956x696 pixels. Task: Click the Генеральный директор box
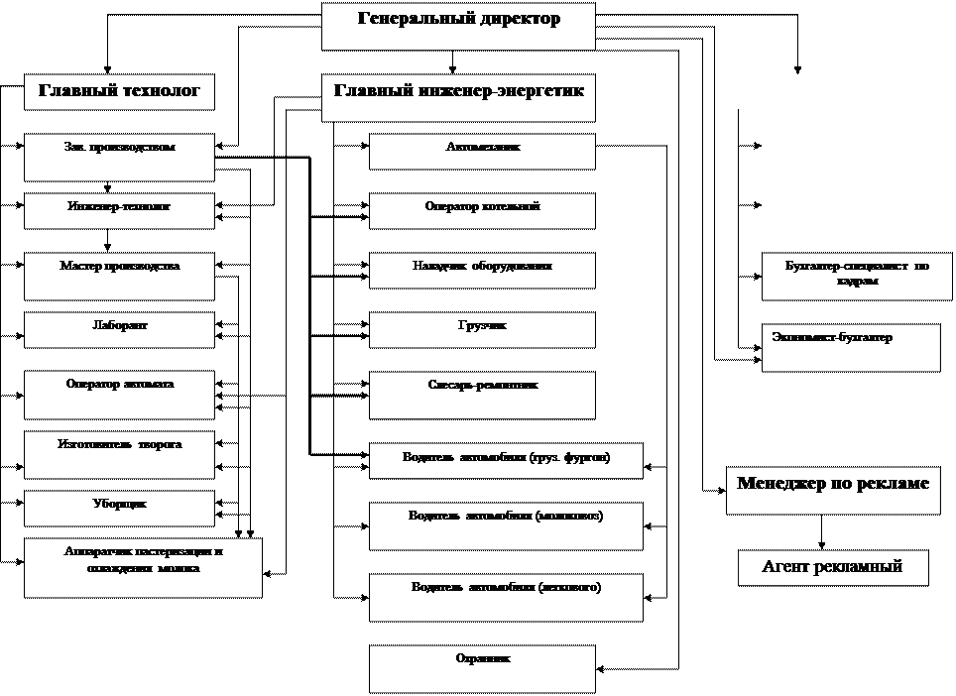(x=458, y=26)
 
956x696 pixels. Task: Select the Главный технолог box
(x=119, y=92)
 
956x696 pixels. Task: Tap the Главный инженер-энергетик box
(x=458, y=97)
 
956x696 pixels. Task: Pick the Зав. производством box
(x=119, y=158)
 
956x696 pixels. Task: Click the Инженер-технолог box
(x=119, y=211)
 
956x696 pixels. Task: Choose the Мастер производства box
(x=119, y=277)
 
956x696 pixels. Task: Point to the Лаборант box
(x=119, y=330)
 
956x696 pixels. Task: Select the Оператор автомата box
(x=119, y=395)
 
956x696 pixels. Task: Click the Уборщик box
(x=119, y=509)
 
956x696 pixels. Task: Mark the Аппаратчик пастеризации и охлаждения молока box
(x=143, y=567)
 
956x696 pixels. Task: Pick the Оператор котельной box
(x=482, y=211)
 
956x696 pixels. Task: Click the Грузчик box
(x=482, y=330)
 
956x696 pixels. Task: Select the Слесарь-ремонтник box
(x=482, y=395)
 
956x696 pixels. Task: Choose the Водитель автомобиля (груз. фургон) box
(x=506, y=461)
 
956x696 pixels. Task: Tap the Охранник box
(x=482, y=668)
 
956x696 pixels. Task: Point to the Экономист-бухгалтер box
(x=850, y=347)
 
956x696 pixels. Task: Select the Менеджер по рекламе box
(x=832, y=490)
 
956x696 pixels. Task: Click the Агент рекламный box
(x=832, y=568)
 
